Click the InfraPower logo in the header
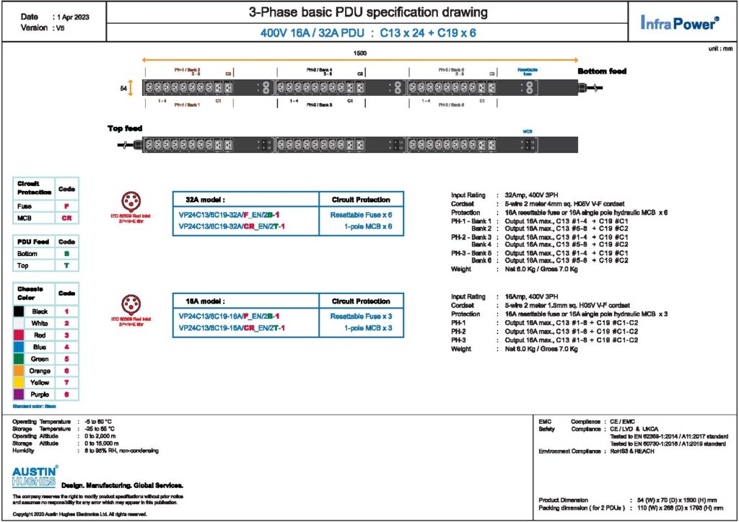(x=679, y=23)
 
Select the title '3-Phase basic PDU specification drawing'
(x=367, y=12)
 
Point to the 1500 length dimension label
(x=359, y=53)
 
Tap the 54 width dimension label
(x=123, y=88)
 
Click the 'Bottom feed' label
(x=602, y=71)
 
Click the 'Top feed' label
(x=125, y=128)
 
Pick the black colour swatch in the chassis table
(x=22, y=311)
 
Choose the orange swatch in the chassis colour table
(x=22, y=371)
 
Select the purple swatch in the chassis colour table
(x=22, y=394)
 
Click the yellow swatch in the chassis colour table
(x=22, y=382)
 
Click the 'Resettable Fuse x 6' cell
(x=361, y=215)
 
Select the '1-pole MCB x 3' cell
(x=367, y=328)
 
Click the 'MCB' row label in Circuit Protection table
(x=26, y=217)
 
